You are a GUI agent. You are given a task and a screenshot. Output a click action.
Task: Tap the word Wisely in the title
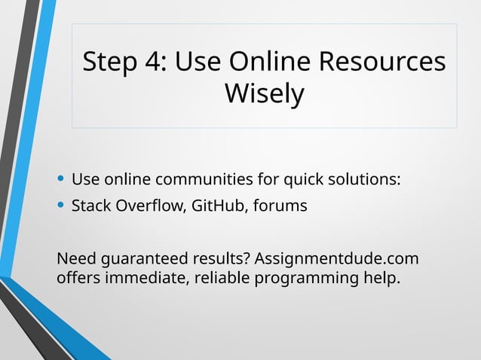click(265, 94)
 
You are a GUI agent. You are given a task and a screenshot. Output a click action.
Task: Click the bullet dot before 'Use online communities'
click(60, 181)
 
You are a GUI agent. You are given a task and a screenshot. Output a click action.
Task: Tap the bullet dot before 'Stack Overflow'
click(60, 205)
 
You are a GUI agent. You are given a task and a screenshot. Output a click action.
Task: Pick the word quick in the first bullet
click(305, 181)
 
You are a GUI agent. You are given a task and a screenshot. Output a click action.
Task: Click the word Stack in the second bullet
click(90, 205)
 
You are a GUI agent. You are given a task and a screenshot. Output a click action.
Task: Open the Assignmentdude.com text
click(336, 260)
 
